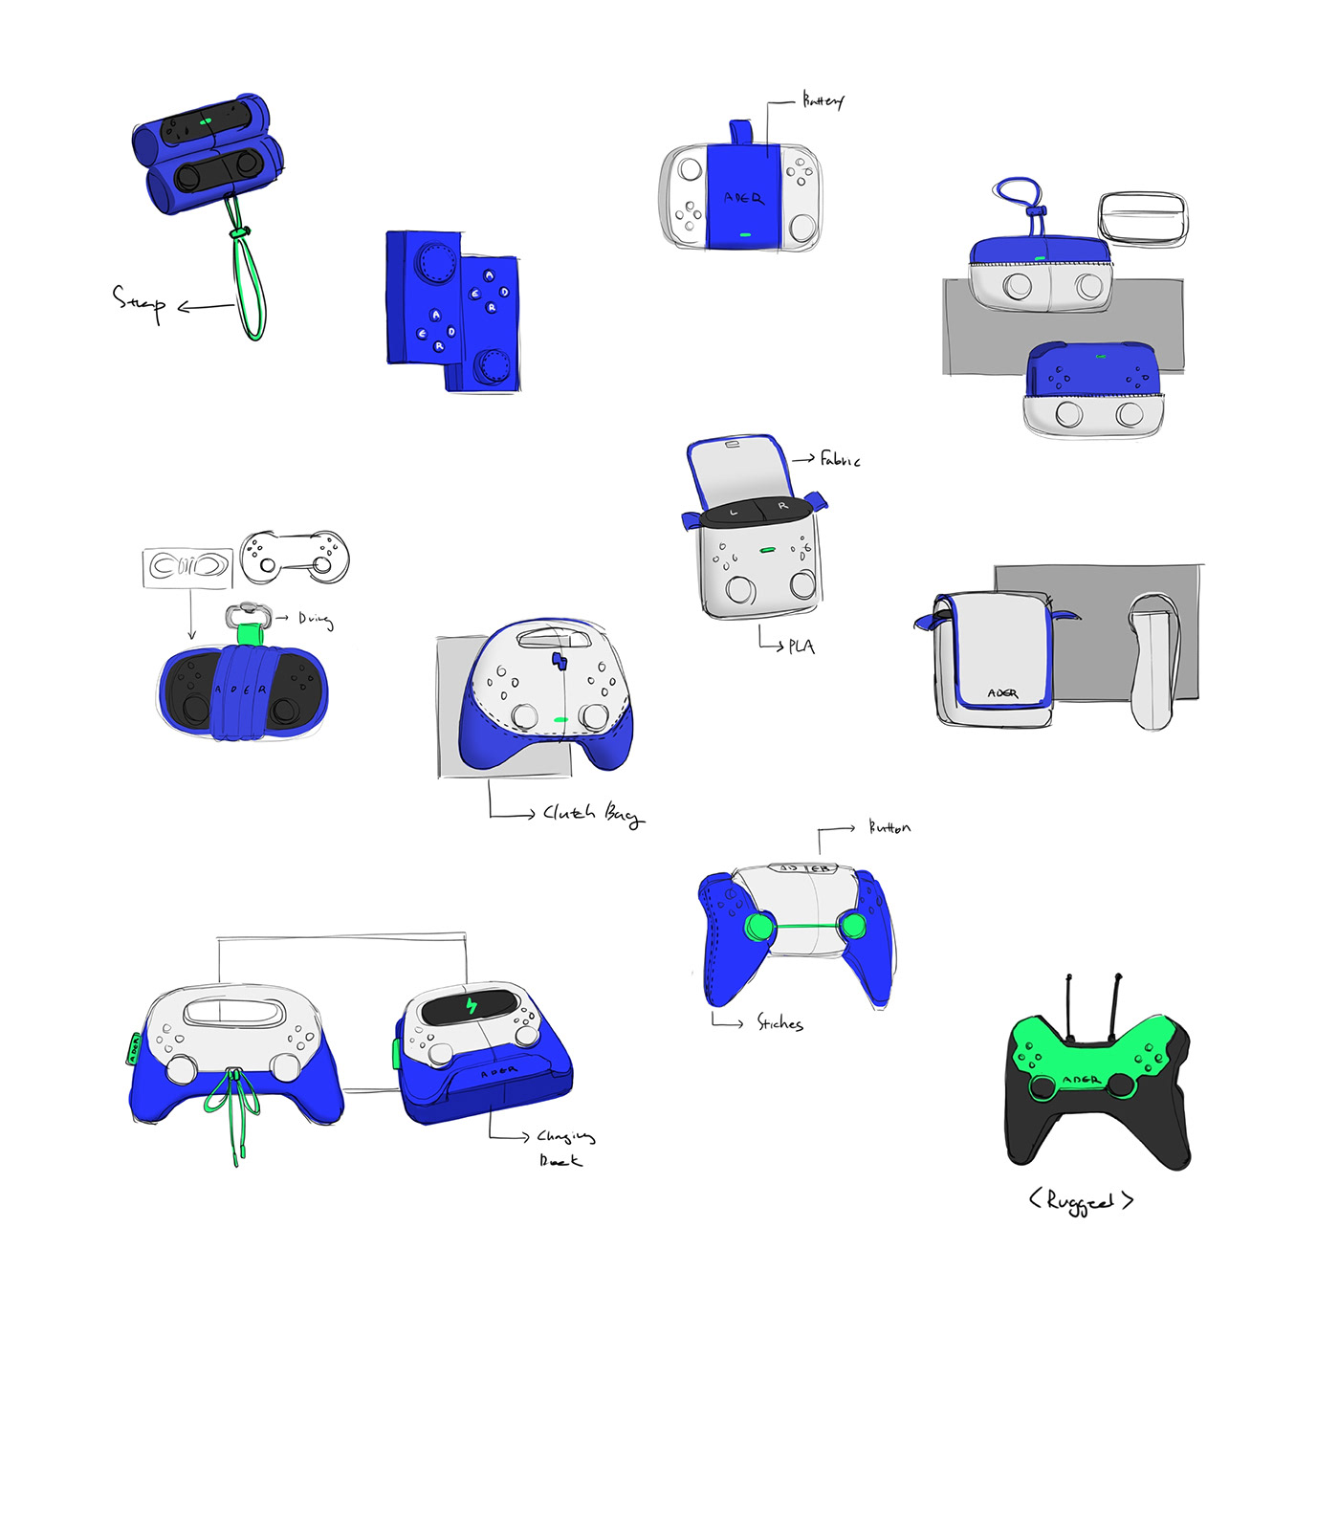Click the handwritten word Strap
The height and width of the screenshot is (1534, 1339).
click(139, 301)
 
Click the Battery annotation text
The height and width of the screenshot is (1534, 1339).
click(823, 100)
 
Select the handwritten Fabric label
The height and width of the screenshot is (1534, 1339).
click(840, 460)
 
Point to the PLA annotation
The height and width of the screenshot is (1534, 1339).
click(801, 646)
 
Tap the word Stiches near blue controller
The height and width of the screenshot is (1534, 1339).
click(779, 1023)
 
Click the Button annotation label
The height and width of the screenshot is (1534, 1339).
click(889, 827)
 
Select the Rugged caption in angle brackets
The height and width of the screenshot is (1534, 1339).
click(1081, 1201)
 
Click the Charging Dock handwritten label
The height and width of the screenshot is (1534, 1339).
click(564, 1147)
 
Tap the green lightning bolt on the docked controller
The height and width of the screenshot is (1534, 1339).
click(471, 1006)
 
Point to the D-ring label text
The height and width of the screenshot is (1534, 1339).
click(315, 620)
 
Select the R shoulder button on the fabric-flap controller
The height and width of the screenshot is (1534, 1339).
click(782, 505)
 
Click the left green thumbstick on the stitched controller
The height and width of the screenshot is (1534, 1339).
click(760, 927)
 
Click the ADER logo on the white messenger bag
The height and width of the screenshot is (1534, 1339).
click(1001, 693)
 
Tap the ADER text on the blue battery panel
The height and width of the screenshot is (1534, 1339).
click(743, 198)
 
